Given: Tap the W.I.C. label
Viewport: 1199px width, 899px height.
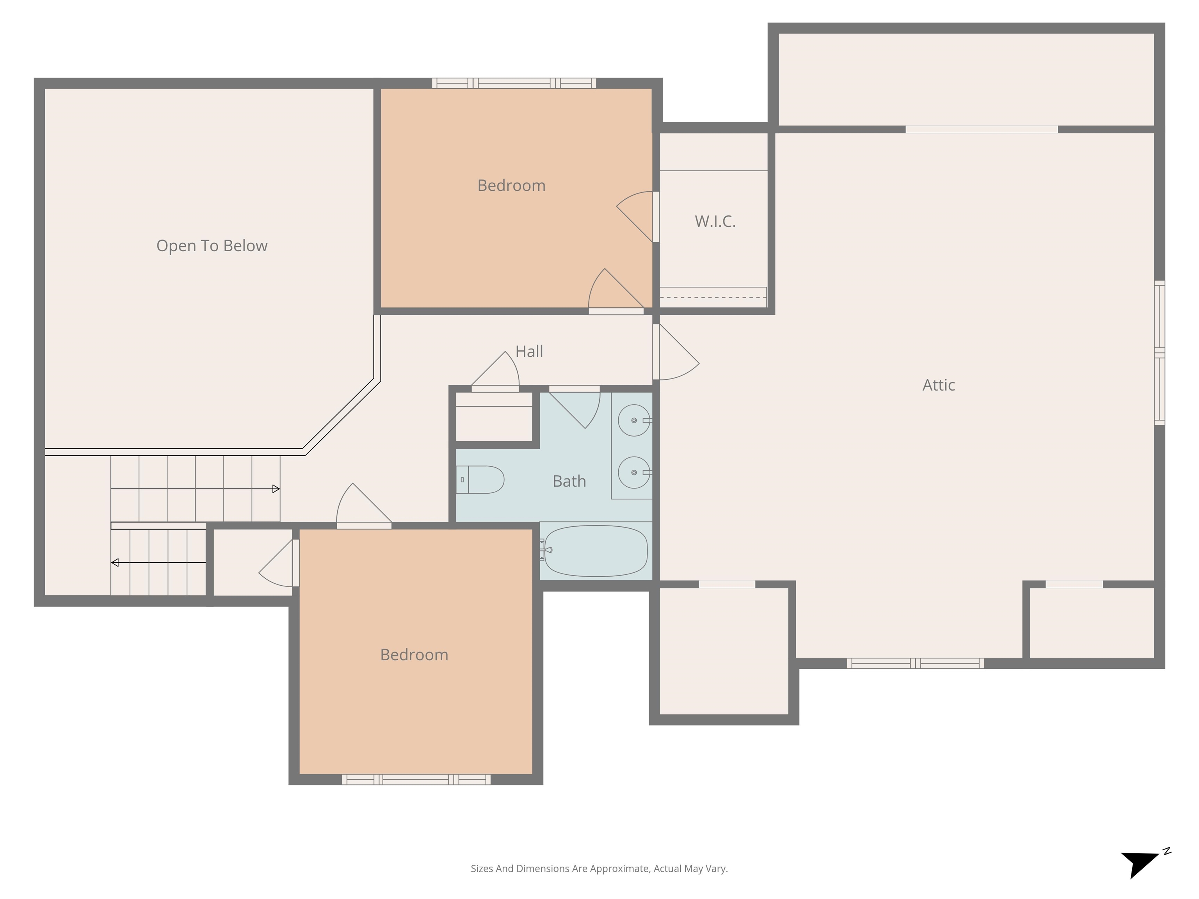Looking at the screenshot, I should (x=715, y=221).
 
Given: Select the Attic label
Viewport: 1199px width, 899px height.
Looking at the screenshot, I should (x=938, y=385).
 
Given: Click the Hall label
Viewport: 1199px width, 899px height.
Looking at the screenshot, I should (x=529, y=351).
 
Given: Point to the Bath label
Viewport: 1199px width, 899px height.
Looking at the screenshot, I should (x=569, y=481).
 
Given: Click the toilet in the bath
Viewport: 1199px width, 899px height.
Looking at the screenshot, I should (x=481, y=480).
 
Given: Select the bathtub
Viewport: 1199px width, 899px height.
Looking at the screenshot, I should (x=595, y=551).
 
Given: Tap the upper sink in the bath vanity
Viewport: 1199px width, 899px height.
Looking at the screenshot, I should (x=633, y=421).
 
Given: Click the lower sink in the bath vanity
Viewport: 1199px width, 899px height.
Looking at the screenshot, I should (x=633, y=473).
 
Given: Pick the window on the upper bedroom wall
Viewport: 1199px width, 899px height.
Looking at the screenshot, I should (x=514, y=84).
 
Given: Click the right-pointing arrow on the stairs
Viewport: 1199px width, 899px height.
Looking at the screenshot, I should (x=276, y=489).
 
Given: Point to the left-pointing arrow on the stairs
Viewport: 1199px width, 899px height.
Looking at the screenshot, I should (x=115, y=563).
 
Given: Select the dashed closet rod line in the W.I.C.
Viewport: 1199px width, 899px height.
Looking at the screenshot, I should (x=713, y=297).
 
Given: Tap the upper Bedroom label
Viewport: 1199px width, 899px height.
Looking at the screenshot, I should (x=511, y=185).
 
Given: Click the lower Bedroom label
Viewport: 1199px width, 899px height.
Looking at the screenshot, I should (x=414, y=655).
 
